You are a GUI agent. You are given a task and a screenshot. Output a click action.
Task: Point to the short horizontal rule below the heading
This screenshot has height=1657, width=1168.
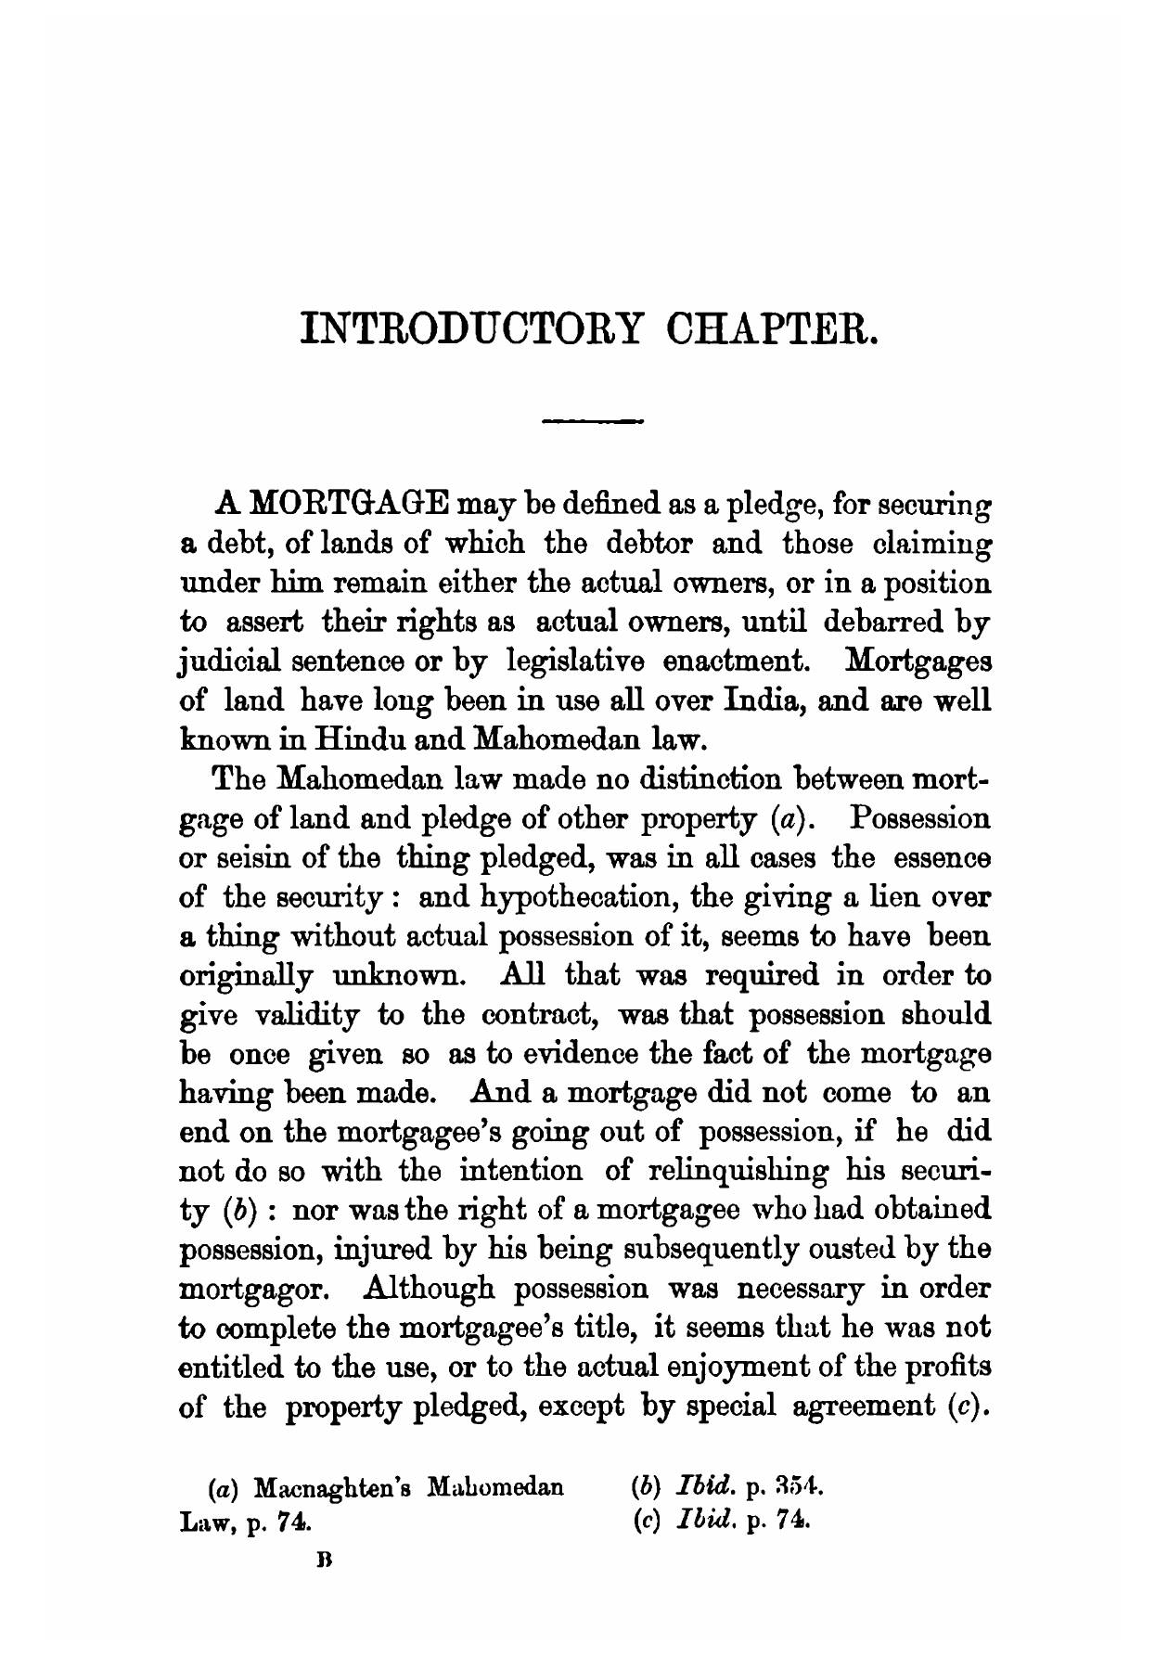(595, 423)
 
